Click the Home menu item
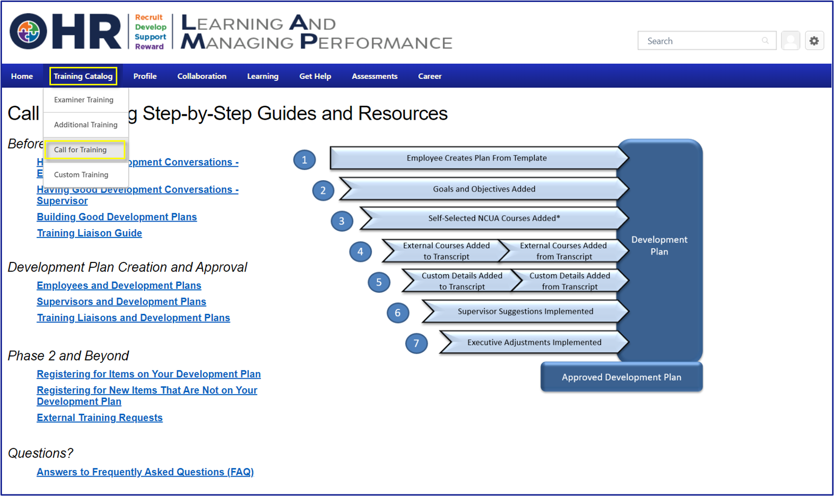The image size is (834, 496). pyautogui.click(x=22, y=76)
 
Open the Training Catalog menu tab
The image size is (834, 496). pyautogui.click(x=83, y=76)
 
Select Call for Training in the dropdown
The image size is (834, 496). pyautogui.click(x=80, y=150)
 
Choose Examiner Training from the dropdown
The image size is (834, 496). pyautogui.click(x=83, y=100)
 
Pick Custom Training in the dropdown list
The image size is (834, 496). pyautogui.click(x=81, y=175)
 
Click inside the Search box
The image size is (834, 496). pyautogui.click(x=701, y=41)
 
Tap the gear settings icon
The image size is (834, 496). pyautogui.click(x=814, y=41)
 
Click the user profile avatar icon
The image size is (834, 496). pyautogui.click(x=791, y=41)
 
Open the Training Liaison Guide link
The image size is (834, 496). pyautogui.click(x=89, y=233)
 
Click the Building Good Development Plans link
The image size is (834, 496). pyautogui.click(x=117, y=217)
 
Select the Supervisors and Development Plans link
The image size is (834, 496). pyautogui.click(x=121, y=302)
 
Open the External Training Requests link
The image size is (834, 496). pyautogui.click(x=100, y=418)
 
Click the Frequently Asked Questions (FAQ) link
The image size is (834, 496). pyautogui.click(x=145, y=472)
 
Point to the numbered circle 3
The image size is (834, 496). pyautogui.click(x=342, y=221)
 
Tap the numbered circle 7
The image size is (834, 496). pyautogui.click(x=416, y=343)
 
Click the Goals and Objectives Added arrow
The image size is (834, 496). pyautogui.click(x=484, y=189)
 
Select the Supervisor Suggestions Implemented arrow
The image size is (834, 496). pyautogui.click(x=525, y=311)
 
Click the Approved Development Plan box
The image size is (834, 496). pyautogui.click(x=621, y=377)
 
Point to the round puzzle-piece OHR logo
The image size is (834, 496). pyautogui.click(x=28, y=32)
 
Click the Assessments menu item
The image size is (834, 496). pyautogui.click(x=374, y=76)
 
